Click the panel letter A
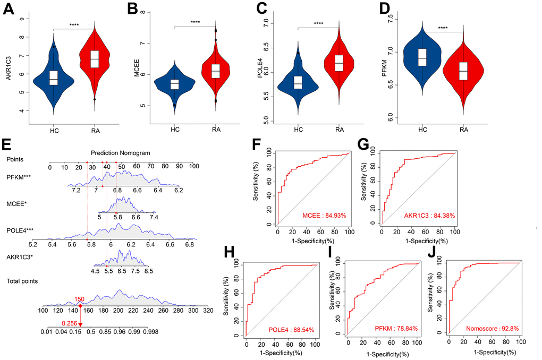[x=9, y=11]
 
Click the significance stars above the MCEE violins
[x=195, y=22]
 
